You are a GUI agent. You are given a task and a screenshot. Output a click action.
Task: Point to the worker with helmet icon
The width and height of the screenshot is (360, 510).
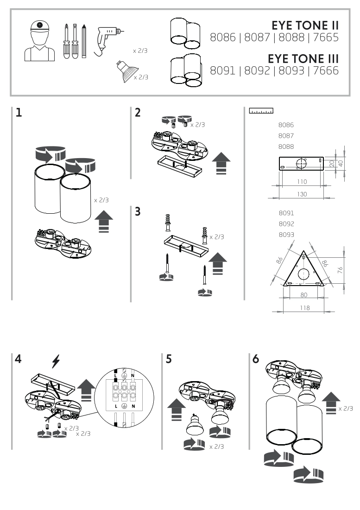40,41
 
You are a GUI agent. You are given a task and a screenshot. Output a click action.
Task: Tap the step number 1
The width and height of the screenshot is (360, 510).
18,113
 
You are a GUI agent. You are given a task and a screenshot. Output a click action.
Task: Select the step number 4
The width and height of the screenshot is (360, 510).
18,360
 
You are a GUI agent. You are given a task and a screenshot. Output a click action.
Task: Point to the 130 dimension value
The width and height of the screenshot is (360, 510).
302,195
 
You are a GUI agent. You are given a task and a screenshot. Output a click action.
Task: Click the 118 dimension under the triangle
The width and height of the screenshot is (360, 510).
304,307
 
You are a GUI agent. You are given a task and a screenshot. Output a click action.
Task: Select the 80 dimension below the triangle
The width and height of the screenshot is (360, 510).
304,294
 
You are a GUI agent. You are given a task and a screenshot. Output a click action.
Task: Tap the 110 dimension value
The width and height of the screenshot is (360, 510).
302,182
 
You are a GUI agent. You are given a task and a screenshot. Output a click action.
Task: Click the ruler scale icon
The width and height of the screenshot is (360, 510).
261,111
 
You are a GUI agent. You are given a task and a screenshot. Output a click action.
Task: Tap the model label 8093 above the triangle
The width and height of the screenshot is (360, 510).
286,235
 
